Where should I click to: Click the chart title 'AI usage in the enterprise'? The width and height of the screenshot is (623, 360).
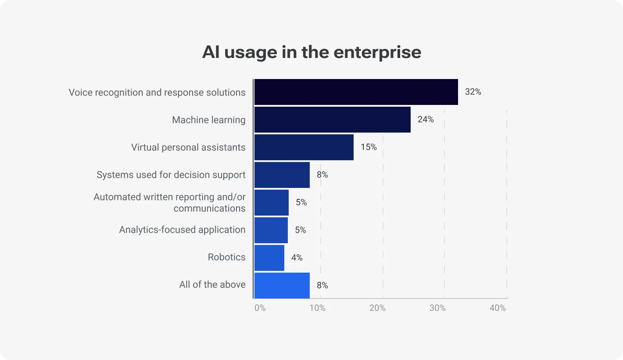(x=311, y=52)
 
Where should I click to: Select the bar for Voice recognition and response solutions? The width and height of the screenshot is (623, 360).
(x=356, y=92)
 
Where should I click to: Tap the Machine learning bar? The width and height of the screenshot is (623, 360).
(x=332, y=119)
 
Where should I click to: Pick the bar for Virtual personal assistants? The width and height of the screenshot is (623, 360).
(x=304, y=147)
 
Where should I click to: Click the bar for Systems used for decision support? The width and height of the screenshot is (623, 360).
(x=282, y=175)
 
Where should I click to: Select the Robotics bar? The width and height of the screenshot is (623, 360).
(x=269, y=258)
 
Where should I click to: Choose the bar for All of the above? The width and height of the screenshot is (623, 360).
(x=282, y=285)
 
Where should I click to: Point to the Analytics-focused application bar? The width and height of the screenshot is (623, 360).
(x=271, y=230)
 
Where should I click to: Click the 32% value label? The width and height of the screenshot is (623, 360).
(x=473, y=92)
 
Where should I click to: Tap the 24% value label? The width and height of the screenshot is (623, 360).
(x=426, y=119)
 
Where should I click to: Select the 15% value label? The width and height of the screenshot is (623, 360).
(x=369, y=147)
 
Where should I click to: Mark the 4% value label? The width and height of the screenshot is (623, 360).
(x=297, y=258)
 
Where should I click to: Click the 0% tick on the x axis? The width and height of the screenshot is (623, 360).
(x=260, y=308)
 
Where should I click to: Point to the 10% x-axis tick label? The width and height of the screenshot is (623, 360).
(x=317, y=308)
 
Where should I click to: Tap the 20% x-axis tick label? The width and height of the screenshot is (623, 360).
(x=377, y=308)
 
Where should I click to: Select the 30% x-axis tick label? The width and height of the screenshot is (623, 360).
(x=437, y=308)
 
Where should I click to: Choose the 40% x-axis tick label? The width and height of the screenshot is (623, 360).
(x=498, y=308)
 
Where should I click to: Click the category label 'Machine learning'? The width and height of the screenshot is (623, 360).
(x=208, y=120)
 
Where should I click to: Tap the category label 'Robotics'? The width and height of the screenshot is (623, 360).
(x=226, y=257)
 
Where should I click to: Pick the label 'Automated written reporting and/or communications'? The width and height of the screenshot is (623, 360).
(x=170, y=202)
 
